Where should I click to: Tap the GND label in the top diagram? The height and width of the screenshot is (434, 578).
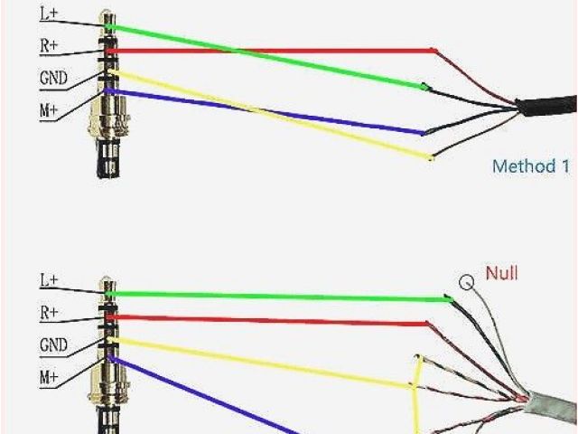coord(53,78)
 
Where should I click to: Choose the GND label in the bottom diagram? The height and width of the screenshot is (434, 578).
coord(53,344)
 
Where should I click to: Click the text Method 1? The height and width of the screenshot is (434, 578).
coord(530,166)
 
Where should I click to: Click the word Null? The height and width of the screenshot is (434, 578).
coord(502,272)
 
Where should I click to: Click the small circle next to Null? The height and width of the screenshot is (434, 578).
coord(467,282)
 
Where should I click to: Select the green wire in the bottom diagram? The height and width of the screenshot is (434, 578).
coord(271,295)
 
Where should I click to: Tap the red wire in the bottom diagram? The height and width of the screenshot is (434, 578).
coord(271,319)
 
